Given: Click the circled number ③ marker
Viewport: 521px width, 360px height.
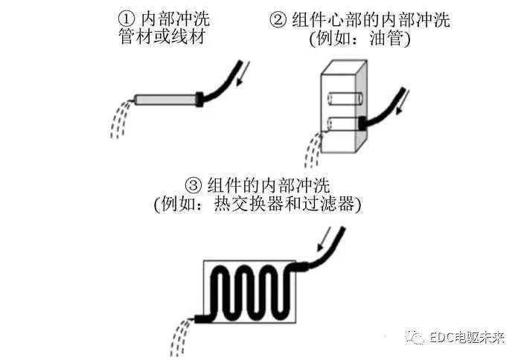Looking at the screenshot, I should (x=193, y=183).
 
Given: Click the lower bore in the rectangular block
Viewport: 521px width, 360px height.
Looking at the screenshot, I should (x=340, y=124).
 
